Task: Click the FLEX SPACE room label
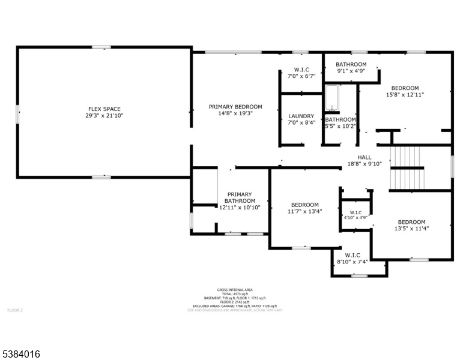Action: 103,109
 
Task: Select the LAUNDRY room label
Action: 301,116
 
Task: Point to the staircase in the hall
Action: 408,167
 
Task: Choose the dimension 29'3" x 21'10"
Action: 103,116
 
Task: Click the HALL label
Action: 365,157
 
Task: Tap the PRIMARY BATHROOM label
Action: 239,197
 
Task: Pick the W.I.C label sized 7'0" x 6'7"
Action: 301,69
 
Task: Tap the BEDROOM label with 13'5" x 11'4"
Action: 411,221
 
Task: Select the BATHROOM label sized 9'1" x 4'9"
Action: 351,64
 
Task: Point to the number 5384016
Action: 21,355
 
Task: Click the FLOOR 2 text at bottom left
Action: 14,310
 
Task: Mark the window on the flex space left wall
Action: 18,113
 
